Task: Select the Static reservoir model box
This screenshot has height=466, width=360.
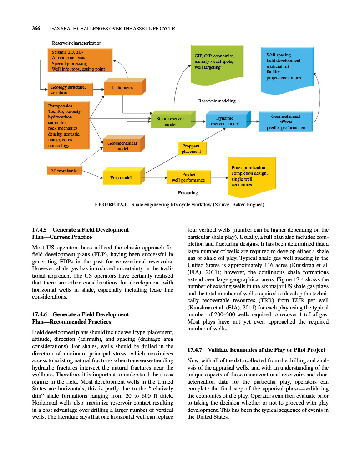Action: click(170, 121)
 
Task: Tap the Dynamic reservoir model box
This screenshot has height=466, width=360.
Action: click(224, 121)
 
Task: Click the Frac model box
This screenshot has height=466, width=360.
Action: click(121, 177)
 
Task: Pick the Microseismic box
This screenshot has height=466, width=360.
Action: click(64, 171)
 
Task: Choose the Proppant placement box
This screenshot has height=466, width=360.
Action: click(191, 149)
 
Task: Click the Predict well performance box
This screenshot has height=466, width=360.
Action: click(188, 177)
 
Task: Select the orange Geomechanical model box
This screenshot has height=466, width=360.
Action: click(122, 146)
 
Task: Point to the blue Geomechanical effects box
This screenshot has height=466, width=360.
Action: click(286, 122)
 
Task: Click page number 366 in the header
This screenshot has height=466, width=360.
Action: click(36, 28)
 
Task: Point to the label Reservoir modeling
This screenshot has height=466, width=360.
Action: click(217, 101)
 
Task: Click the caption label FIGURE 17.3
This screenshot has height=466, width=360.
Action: click(110, 205)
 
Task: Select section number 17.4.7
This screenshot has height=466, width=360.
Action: click(196, 350)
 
